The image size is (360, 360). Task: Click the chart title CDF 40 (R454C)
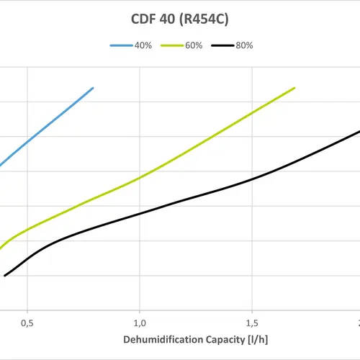180,19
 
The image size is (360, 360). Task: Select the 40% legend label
143,45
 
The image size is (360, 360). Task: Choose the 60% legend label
193,45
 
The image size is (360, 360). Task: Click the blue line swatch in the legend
120,45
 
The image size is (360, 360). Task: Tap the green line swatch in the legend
171,45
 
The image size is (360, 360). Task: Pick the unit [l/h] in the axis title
256,338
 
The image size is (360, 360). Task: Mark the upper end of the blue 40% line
93,88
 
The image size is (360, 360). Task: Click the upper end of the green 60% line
294,88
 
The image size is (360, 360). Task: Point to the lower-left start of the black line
5,275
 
